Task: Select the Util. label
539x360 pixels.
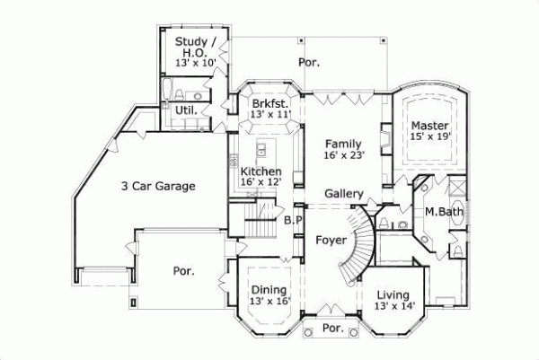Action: click(187, 110)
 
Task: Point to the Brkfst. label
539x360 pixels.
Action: click(269, 103)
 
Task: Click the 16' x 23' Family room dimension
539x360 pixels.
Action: click(343, 154)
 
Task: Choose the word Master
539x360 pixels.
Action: click(429, 125)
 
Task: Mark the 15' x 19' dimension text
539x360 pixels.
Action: click(429, 136)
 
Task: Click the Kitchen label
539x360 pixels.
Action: click(261, 171)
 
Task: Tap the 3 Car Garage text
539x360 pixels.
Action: click(158, 187)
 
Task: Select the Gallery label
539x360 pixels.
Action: click(343, 194)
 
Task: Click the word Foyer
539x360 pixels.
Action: click(330, 241)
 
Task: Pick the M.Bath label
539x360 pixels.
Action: click(443, 212)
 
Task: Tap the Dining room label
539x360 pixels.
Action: click(269, 289)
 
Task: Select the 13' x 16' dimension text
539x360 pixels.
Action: click(269, 302)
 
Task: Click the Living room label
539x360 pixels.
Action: click(393, 294)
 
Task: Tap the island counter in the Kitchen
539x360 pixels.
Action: click(261, 149)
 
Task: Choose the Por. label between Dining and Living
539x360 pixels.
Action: click(332, 329)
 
